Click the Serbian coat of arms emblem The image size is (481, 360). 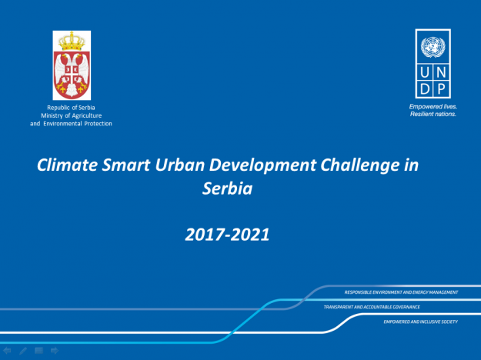tap(72, 65)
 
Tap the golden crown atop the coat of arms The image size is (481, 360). tap(72, 41)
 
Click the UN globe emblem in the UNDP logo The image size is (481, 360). tap(433, 47)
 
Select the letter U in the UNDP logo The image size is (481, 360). tap(425, 72)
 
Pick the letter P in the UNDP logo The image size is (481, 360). tap(441, 89)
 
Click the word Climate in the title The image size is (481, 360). tap(67, 165)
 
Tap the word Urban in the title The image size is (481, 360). tap(180, 165)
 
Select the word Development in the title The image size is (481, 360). tap(262, 165)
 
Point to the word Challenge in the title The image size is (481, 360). tap(360, 165)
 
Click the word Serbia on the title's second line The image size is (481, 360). tap(227, 188)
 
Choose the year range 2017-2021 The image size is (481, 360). tap(227, 235)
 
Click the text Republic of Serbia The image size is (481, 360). tap(71, 108)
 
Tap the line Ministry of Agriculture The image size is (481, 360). tap(71, 115)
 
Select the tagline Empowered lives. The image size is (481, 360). tap(433, 107)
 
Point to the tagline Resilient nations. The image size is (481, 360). tap(433, 114)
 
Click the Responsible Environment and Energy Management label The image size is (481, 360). tap(401, 292)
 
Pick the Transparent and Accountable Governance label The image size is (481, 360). tap(372, 307)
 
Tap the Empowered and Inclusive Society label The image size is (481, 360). tap(420, 322)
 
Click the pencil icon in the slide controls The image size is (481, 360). tap(23, 351)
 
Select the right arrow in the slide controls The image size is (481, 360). tap(55, 350)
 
